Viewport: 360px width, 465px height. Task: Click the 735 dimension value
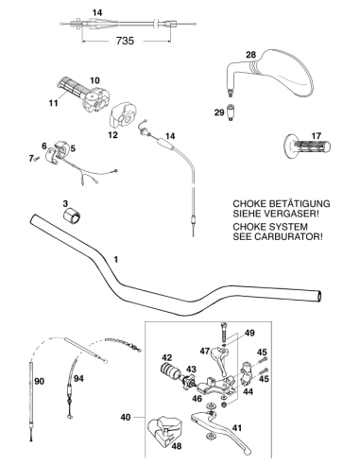pyautogui.click(x=125, y=41)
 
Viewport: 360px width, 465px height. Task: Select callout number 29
pyautogui.click(x=219, y=112)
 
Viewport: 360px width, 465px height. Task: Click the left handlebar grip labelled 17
pyautogui.click(x=307, y=146)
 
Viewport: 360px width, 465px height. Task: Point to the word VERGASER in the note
pyautogui.click(x=291, y=214)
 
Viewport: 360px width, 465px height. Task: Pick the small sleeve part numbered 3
pyautogui.click(x=72, y=215)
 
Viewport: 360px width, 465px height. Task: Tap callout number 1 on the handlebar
pyautogui.click(x=116, y=260)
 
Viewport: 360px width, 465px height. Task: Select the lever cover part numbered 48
pyautogui.click(x=163, y=431)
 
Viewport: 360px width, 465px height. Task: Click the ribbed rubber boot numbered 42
pyautogui.click(x=169, y=370)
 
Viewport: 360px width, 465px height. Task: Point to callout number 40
pyautogui.click(x=126, y=417)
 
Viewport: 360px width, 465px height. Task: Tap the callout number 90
pyautogui.click(x=40, y=382)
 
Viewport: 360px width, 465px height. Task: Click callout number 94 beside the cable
pyautogui.click(x=78, y=378)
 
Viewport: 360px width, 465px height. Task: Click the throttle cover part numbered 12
pyautogui.click(x=123, y=114)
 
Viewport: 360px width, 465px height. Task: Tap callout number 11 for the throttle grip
pyautogui.click(x=53, y=103)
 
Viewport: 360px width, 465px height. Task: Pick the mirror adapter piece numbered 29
pyautogui.click(x=231, y=112)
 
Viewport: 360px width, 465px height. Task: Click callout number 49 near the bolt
pyautogui.click(x=249, y=333)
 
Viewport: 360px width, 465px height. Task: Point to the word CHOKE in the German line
pyautogui.click(x=248, y=204)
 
